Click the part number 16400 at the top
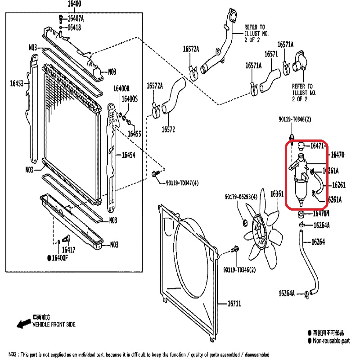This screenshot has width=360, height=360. (x=74, y=4)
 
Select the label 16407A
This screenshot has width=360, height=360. (x=76, y=18)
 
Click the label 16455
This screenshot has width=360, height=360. (x=134, y=134)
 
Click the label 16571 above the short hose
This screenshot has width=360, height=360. (x=271, y=54)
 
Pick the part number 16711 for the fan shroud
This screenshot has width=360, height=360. (x=234, y=304)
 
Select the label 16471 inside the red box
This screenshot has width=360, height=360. (x=317, y=146)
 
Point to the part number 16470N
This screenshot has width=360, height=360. (x=321, y=213)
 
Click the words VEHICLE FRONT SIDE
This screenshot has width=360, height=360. (x=54, y=324)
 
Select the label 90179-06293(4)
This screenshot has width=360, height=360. (x=241, y=197)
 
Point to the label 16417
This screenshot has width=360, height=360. (x=68, y=249)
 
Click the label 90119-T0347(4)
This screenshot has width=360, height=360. (x=182, y=183)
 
